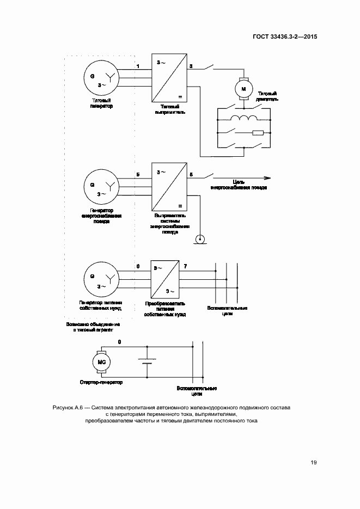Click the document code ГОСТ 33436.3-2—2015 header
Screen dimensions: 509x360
click(285, 37)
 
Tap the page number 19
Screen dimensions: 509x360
click(314, 463)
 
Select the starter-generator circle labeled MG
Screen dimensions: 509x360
click(101, 362)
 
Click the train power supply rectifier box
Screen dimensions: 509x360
click(169, 187)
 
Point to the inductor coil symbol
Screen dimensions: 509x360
click(243, 119)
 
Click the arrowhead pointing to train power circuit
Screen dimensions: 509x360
click(267, 177)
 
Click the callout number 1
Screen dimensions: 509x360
click(138, 66)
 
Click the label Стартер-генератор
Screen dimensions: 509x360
click(101, 382)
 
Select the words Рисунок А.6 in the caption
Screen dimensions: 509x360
click(66, 407)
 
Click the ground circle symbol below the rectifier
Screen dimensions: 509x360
click(200, 238)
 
